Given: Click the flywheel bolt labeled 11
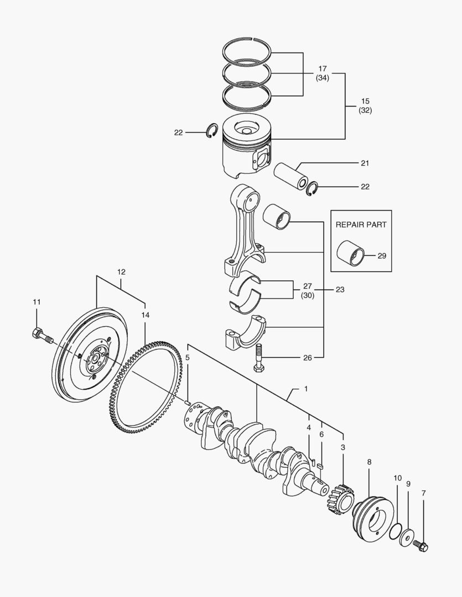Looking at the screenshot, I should tap(42, 336).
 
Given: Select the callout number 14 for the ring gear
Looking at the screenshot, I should tap(145, 315).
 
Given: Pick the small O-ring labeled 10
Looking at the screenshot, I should tap(395, 531).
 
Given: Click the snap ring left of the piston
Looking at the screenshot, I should tap(210, 132).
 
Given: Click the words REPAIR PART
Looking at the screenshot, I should tap(361, 224).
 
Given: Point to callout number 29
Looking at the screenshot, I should tap(381, 256).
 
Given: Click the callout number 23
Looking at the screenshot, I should tap(340, 289).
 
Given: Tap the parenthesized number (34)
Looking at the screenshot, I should tap(323, 78).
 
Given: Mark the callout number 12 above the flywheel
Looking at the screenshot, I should tap(121, 271).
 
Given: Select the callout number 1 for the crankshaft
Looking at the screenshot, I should tap(305, 389).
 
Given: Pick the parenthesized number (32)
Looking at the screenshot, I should tap(365, 109).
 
